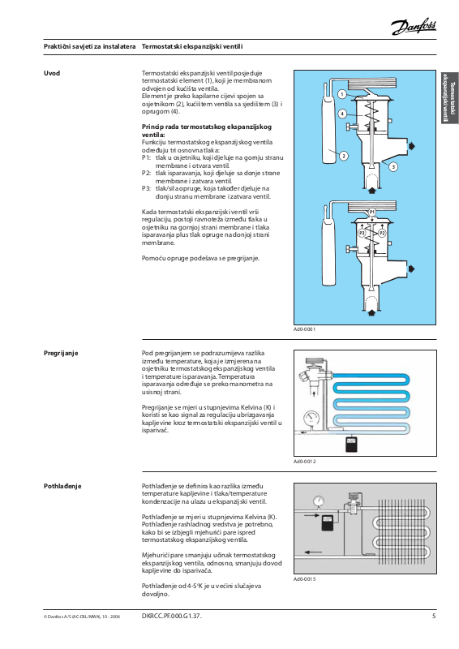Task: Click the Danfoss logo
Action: click(x=414, y=27)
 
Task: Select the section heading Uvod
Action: click(x=52, y=73)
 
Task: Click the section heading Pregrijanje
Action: click(x=61, y=353)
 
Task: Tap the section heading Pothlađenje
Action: click(x=62, y=486)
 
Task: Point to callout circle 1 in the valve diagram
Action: click(x=342, y=94)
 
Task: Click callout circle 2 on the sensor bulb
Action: click(x=343, y=156)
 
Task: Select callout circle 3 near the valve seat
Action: click(x=393, y=167)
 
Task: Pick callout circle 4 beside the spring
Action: click(x=342, y=114)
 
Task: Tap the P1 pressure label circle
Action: click(x=372, y=212)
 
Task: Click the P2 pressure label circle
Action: click(x=382, y=234)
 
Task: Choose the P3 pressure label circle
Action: click(x=362, y=234)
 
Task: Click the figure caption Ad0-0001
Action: click(x=305, y=329)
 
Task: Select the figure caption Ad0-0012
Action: click(x=305, y=461)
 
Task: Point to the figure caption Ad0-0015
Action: click(x=305, y=579)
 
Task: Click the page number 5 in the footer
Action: click(x=434, y=616)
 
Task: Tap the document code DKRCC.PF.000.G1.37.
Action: click(x=172, y=616)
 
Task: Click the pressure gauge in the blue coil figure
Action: click(x=311, y=417)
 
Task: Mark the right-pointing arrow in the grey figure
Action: click(x=311, y=516)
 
